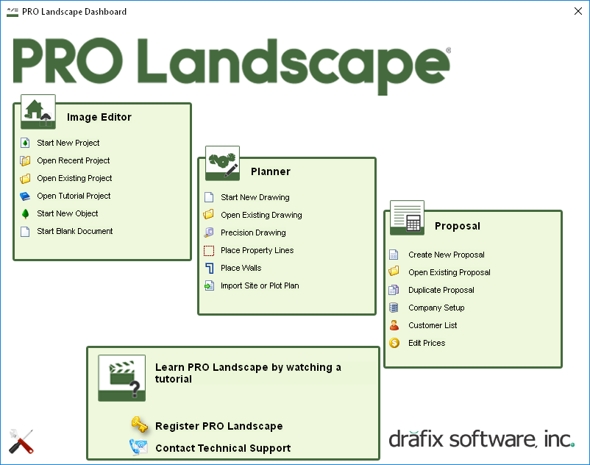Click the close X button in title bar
578,11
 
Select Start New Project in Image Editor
68,143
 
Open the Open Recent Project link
74,160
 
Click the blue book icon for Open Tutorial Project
25,196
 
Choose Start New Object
68,213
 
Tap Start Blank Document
75,231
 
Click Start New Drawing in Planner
255,197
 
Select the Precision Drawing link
253,233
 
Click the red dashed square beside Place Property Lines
209,251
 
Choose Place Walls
241,269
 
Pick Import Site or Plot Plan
260,286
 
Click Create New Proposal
447,255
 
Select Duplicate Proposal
441,291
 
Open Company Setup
436,308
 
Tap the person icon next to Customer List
394,325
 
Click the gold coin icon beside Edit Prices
394,343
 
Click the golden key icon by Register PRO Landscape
139,425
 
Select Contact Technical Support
223,448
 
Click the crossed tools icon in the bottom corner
21,441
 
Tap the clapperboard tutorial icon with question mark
121,378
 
